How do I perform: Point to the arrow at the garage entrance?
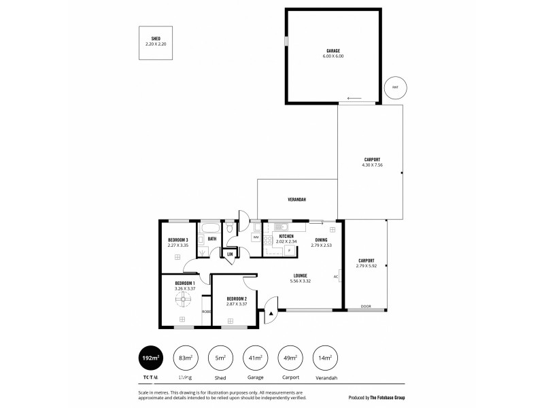click(x=354, y=99)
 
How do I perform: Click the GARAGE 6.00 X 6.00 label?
click(x=333, y=53)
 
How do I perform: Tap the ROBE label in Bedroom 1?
click(x=206, y=311)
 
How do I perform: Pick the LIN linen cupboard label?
click(x=230, y=254)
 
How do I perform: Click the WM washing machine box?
click(x=256, y=237)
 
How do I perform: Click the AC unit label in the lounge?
click(x=335, y=277)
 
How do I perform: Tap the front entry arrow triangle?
click(x=271, y=313)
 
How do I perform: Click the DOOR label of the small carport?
click(x=366, y=307)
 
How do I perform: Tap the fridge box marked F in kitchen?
click(x=289, y=250)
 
